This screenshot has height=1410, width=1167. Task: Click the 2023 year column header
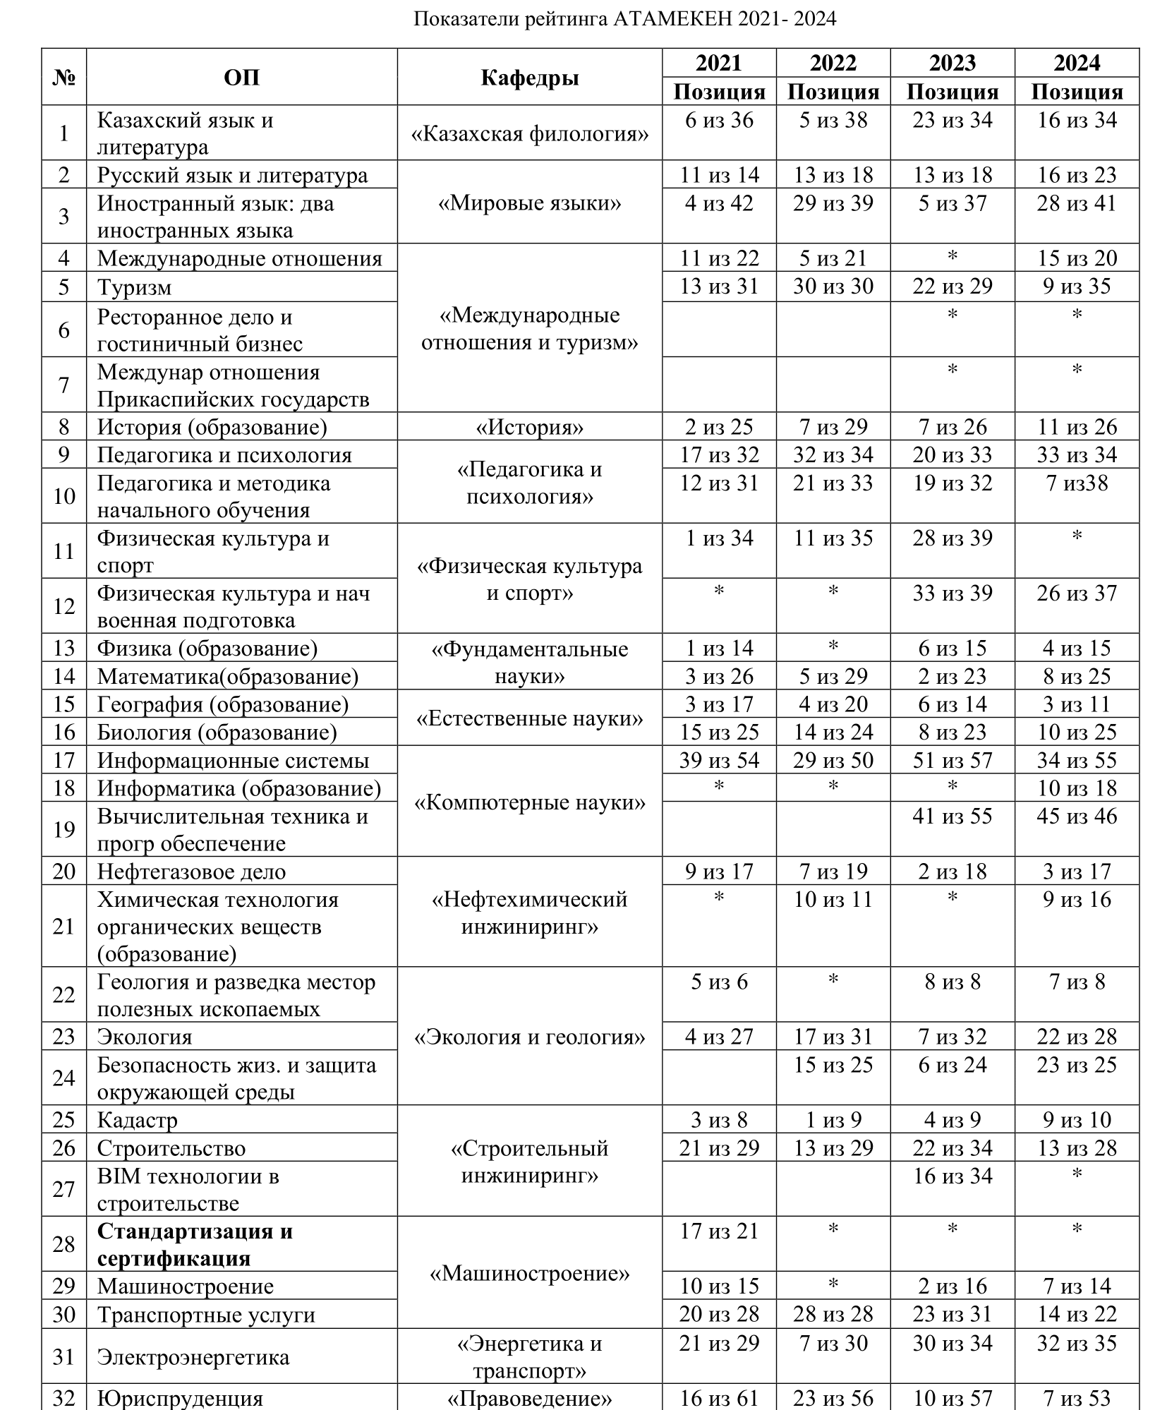click(x=952, y=63)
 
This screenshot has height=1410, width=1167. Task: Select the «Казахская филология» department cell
click(x=529, y=133)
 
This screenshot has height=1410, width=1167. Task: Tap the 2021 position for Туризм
click(x=719, y=287)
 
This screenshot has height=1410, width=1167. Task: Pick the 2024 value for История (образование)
click(x=1077, y=427)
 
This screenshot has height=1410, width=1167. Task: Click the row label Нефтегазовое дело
click(x=191, y=872)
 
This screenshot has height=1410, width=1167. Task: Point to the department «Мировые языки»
click(x=529, y=203)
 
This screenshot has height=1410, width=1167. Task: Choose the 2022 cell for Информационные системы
click(x=833, y=760)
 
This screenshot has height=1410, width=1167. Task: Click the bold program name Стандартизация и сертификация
click(x=194, y=1244)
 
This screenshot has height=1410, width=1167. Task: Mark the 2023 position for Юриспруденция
click(x=952, y=1397)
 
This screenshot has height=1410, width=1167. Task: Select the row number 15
click(x=64, y=704)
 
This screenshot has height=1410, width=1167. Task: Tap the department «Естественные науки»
click(x=529, y=718)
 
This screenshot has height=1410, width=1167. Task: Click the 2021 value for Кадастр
click(x=719, y=1120)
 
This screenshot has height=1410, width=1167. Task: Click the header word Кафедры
click(x=529, y=78)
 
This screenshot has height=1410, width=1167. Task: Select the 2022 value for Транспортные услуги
click(x=833, y=1314)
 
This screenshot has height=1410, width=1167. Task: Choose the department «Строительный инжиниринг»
click(x=529, y=1162)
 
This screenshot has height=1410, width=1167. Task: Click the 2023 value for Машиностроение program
click(x=952, y=1286)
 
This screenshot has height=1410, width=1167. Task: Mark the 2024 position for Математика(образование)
click(x=1077, y=676)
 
